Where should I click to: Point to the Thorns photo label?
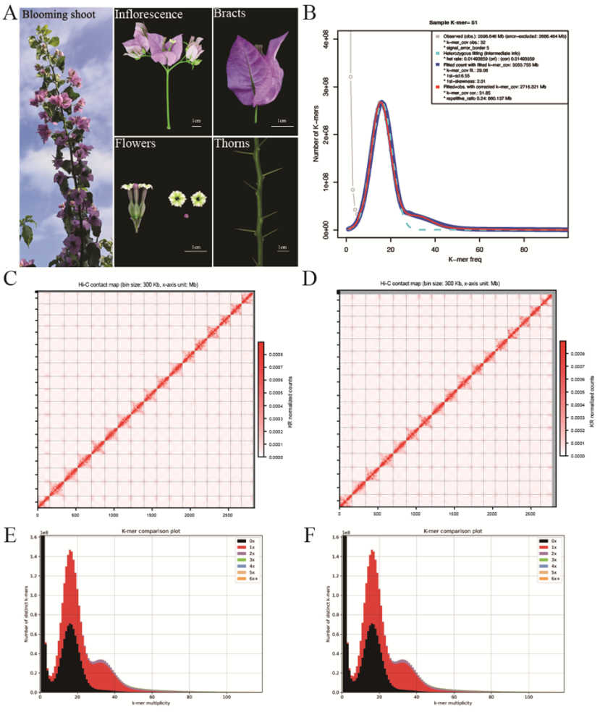(234, 143)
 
